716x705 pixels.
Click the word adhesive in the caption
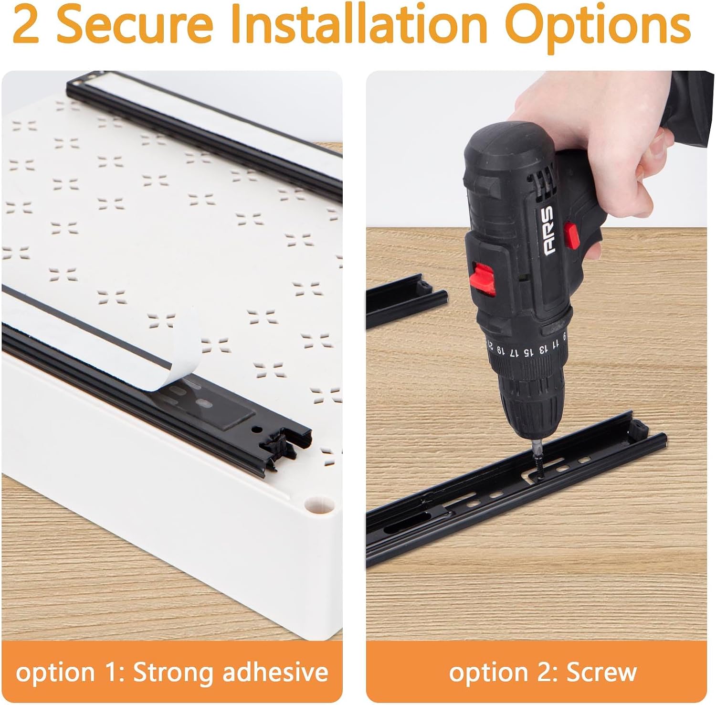[x=275, y=672]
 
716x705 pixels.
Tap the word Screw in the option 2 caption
[x=601, y=673]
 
